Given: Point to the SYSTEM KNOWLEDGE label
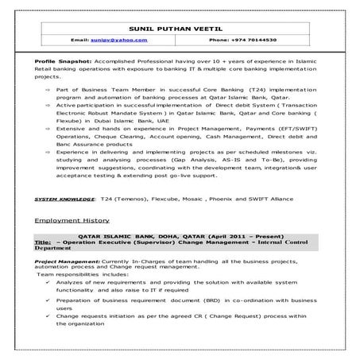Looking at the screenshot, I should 64,195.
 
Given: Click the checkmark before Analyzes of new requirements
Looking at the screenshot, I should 48,282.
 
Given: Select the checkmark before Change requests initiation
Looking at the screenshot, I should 48,317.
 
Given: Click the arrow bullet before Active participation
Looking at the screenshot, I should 48,104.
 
